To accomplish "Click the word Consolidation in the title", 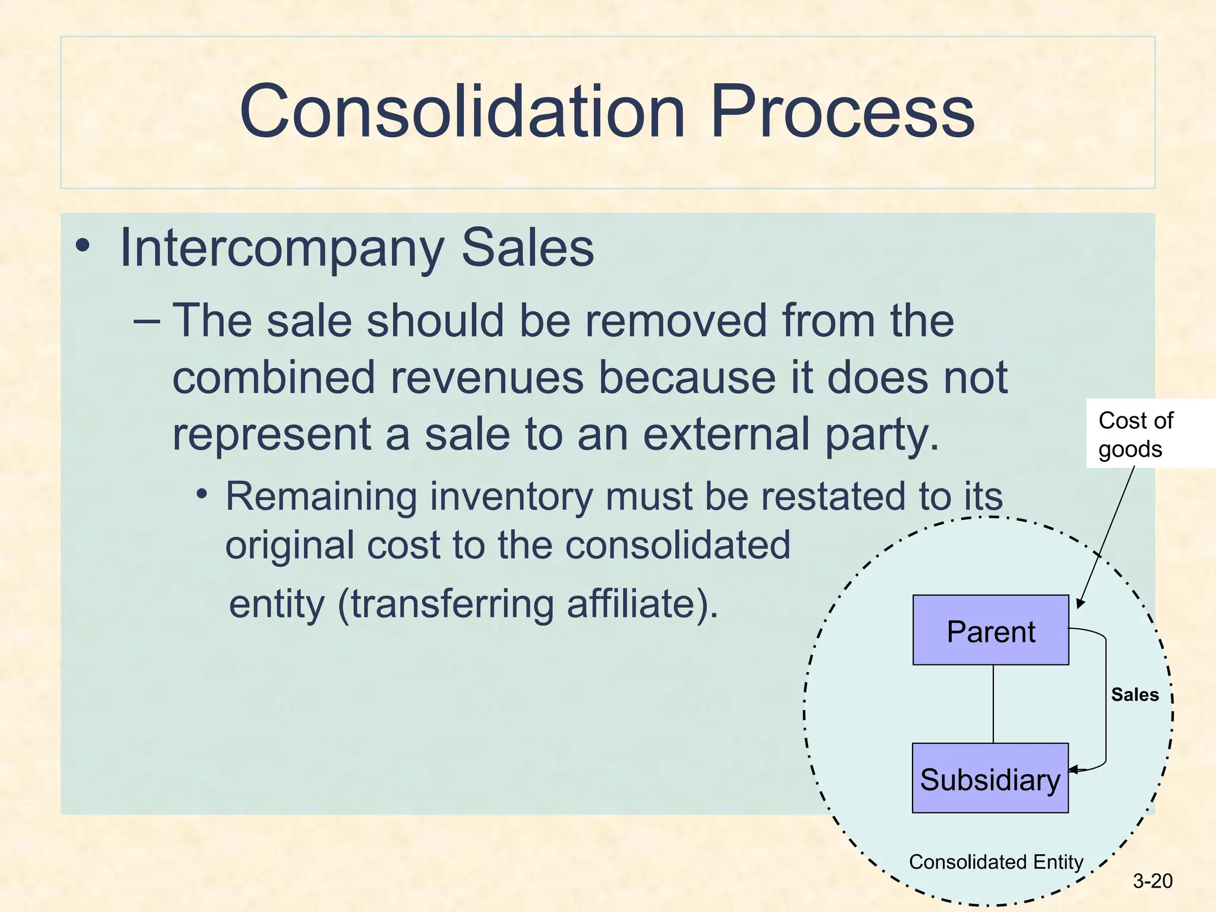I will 462,112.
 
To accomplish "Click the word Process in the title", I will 842,112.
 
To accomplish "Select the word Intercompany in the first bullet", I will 281,248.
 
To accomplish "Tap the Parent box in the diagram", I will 990,631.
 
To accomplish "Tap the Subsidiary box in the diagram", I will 990,778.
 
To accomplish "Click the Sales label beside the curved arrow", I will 1135,695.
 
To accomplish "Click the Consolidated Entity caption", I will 996,862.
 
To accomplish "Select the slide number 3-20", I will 1152,881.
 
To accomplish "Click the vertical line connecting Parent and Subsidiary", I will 993,704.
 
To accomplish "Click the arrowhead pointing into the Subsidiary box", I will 1074,770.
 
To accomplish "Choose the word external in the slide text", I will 727,434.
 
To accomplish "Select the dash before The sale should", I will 147,321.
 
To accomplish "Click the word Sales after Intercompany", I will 527,248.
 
